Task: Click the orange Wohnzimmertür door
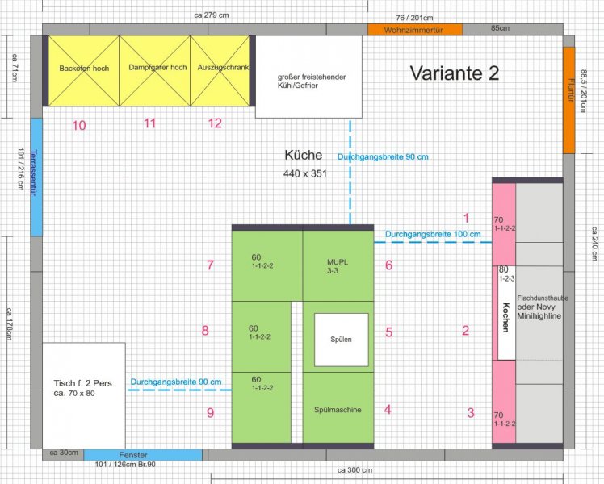[415, 30]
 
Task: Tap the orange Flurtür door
[569, 100]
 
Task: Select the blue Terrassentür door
[36, 177]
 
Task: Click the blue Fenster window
[143, 455]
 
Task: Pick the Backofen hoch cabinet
[84, 71]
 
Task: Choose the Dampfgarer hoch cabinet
[155, 71]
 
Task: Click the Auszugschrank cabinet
[220, 71]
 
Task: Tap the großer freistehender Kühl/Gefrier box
[308, 77]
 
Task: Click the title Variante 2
[454, 73]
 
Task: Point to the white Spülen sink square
[342, 340]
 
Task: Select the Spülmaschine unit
[338, 407]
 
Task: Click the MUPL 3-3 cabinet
[338, 265]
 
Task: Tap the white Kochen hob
[506, 313]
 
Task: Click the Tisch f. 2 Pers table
[84, 395]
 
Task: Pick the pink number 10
[79, 125]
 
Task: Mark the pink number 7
[210, 265]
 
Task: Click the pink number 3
[471, 413]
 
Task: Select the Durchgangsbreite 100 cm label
[433, 234]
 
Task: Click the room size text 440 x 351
[304, 174]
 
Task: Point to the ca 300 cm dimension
[354, 470]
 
